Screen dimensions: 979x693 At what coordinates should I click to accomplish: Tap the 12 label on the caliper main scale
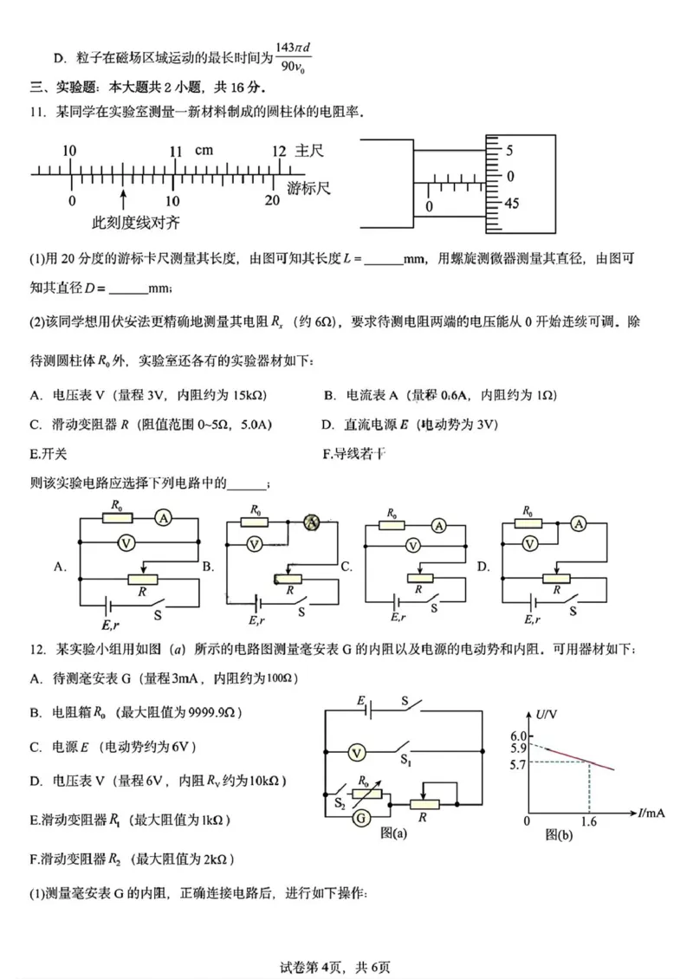pyautogui.click(x=278, y=151)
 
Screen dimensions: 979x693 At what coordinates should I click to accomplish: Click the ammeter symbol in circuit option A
pyautogui.click(x=162, y=518)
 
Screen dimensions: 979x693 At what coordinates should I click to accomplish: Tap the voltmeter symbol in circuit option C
pyautogui.click(x=413, y=546)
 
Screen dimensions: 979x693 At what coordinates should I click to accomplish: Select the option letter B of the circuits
pyautogui.click(x=208, y=567)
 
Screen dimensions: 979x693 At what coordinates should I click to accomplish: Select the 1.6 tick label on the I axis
pyautogui.click(x=589, y=820)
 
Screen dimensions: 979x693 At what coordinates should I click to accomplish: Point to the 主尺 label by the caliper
pyautogui.click(x=309, y=151)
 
